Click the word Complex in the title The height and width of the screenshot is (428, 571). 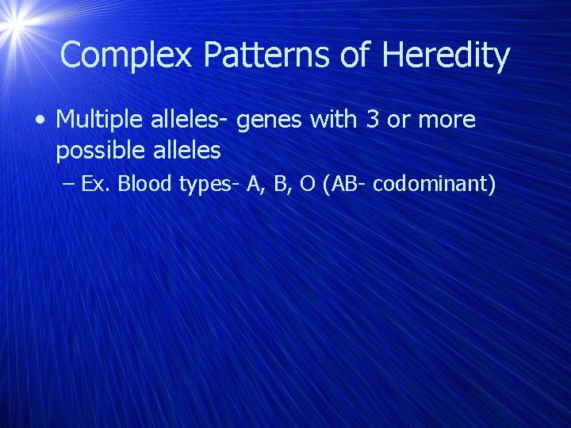(x=127, y=55)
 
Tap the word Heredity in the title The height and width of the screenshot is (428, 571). (x=446, y=55)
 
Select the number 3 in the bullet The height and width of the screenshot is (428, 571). (x=370, y=120)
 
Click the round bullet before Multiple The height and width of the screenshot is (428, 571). (x=39, y=120)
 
